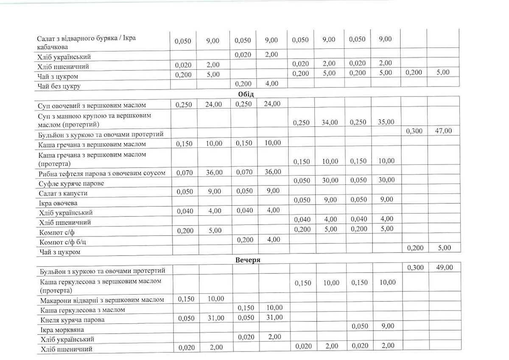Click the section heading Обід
[x=246, y=94]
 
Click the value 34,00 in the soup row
[x=330, y=122]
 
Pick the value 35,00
[x=386, y=122]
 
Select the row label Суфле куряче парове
[x=71, y=183]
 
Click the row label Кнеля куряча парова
[x=73, y=320]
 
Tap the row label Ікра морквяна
[x=62, y=329]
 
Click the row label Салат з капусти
[x=63, y=193]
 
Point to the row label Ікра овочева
[x=59, y=203]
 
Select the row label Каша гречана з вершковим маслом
[x=92, y=144]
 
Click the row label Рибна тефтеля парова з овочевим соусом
[x=101, y=173]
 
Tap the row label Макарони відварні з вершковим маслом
[x=102, y=300]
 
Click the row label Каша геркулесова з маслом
[x=83, y=310]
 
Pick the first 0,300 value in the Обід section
[x=414, y=131]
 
